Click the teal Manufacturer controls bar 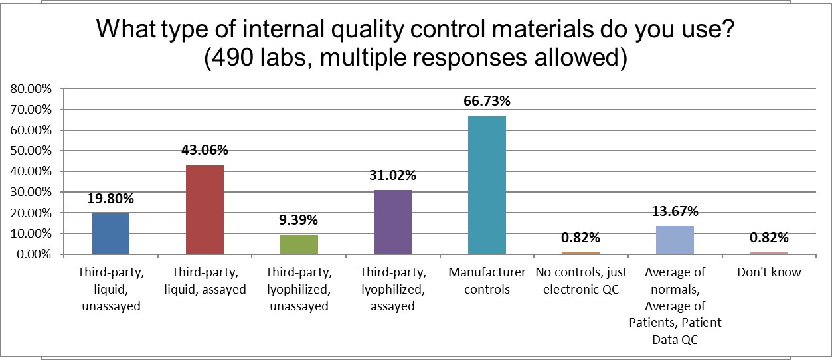[x=487, y=185]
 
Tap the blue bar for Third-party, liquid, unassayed [x=110, y=233]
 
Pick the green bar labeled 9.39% [x=299, y=244]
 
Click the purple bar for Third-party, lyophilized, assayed [x=393, y=222]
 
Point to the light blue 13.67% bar [x=675, y=240]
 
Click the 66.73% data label [x=487, y=101]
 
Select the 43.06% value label [x=205, y=150]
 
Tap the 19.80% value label [x=110, y=199]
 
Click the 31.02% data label [x=393, y=175]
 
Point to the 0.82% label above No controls [x=580, y=238]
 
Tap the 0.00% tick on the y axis [x=33, y=254]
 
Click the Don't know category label [x=769, y=272]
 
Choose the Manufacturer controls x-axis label [x=487, y=280]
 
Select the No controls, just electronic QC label [x=580, y=280]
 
